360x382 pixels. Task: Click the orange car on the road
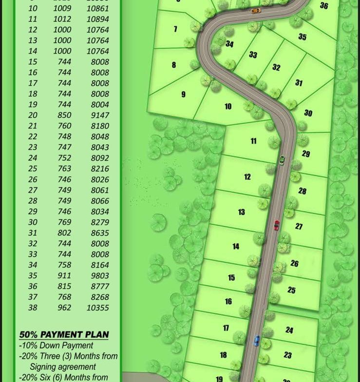click(256, 10)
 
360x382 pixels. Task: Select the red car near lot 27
click(277, 225)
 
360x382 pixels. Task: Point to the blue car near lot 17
click(256, 341)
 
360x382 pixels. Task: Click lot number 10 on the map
click(227, 107)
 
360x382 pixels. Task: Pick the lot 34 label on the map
click(229, 44)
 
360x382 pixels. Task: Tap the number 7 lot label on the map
click(175, 29)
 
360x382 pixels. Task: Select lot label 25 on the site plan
click(291, 291)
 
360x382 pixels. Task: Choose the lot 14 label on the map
click(236, 247)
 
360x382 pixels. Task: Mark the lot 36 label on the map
click(324, 6)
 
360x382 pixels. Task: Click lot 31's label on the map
click(299, 83)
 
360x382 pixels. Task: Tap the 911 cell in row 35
click(64, 275)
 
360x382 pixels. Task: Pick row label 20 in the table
click(33, 115)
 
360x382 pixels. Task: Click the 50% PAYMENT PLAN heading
click(64, 335)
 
